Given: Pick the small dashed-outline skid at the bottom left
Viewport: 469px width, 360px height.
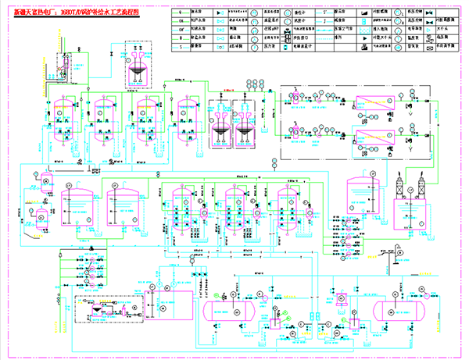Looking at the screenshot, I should pos(102,309).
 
